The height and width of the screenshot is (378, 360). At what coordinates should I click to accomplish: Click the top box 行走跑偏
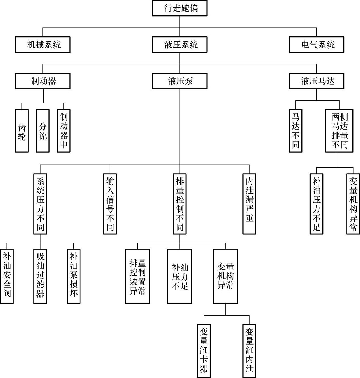[180, 8]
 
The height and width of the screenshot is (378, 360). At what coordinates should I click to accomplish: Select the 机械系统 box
[43, 45]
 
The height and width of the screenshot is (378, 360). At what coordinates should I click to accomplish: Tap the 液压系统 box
[180, 45]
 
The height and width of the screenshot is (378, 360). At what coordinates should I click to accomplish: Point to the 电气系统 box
[316, 45]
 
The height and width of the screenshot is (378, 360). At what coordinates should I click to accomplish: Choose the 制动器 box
[43, 81]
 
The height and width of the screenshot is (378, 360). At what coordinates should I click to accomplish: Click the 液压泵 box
[180, 81]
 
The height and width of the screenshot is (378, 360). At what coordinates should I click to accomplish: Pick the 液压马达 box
[316, 81]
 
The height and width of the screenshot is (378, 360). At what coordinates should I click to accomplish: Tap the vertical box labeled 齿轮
[22, 131]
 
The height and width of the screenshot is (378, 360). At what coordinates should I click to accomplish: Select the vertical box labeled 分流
[43, 131]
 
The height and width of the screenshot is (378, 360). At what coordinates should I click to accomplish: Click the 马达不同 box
[296, 131]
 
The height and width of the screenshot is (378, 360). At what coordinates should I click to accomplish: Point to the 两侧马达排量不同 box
[339, 131]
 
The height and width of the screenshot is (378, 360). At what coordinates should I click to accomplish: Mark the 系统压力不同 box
[40, 204]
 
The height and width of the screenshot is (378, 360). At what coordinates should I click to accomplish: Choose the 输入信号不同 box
[110, 204]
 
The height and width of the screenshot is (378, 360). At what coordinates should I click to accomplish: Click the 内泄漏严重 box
[249, 204]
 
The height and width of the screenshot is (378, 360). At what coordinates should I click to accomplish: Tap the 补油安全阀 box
[7, 276]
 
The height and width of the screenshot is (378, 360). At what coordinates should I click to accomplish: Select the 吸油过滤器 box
[40, 276]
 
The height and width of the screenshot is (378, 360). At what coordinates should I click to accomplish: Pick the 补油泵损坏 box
[74, 276]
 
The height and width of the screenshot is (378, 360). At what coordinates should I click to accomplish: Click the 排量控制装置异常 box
[138, 276]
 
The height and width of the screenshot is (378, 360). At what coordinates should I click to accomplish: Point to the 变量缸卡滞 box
[204, 351]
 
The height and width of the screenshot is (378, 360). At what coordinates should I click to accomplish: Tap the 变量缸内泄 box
[249, 351]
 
